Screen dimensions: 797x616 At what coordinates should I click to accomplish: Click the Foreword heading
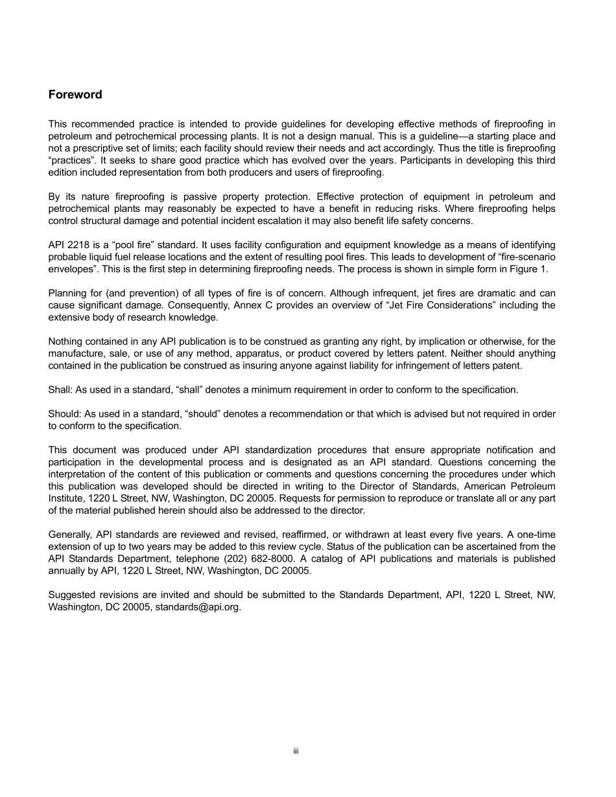point(75,95)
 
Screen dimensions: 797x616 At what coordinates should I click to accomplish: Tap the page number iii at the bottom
point(295,752)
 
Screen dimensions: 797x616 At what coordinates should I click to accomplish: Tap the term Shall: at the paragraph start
point(60,389)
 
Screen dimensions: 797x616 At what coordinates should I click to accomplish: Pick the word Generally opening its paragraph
point(70,535)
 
